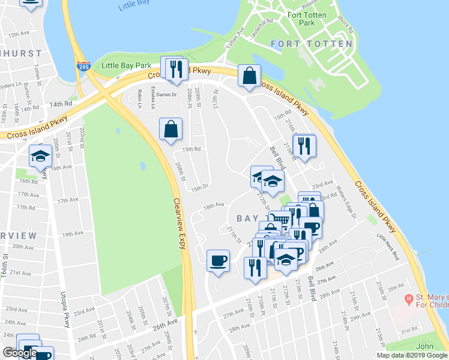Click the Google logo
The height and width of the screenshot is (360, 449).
[x=20, y=353]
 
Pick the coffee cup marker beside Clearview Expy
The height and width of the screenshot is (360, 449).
[x=218, y=261]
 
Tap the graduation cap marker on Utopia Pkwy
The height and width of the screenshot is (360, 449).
[x=40, y=156]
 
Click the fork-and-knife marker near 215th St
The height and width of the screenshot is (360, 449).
[x=304, y=146]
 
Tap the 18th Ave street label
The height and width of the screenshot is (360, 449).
[x=214, y=206]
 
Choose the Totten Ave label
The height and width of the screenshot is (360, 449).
[x=235, y=38]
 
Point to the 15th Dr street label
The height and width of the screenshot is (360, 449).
[x=199, y=188]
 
